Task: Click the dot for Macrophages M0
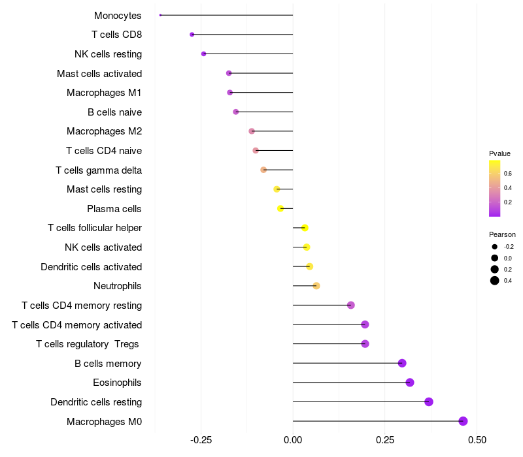tap(463, 421)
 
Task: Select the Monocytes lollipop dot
tap(160, 15)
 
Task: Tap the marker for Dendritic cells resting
tap(429, 402)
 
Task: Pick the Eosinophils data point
tap(410, 383)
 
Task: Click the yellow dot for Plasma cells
tap(280, 208)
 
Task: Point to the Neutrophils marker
tap(316, 286)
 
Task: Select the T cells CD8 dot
tap(192, 35)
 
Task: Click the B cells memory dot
tap(402, 363)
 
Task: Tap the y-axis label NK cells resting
tap(108, 54)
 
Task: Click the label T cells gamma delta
tap(99, 170)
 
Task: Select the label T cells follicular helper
tap(95, 228)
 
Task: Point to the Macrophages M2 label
tap(104, 131)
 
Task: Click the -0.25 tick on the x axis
tap(201, 440)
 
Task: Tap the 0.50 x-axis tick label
tap(477, 440)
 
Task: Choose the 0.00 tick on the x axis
tap(293, 440)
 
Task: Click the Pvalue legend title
tap(499, 153)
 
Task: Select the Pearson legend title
tap(502, 234)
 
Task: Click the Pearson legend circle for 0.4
tap(495, 281)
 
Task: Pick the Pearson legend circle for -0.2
tap(495, 247)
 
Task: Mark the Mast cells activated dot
tap(229, 73)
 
